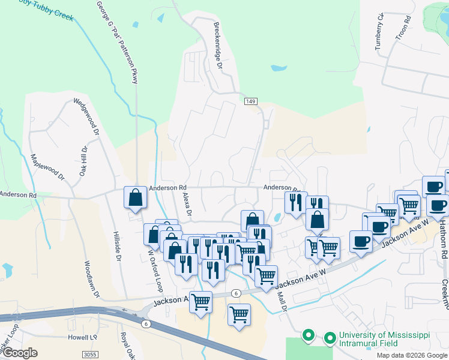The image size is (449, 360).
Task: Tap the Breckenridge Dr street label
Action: (218, 45)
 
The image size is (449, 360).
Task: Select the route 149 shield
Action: (251, 102)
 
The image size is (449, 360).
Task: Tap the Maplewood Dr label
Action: (47, 167)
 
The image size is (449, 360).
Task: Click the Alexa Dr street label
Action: (186, 204)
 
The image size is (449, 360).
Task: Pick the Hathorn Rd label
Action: (442, 239)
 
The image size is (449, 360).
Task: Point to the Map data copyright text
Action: (412, 355)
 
